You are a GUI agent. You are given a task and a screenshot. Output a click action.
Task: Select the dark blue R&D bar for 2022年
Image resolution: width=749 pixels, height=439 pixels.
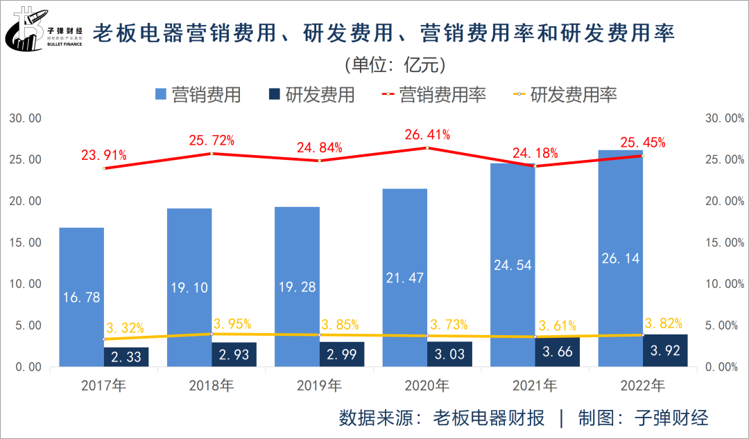point(665,350)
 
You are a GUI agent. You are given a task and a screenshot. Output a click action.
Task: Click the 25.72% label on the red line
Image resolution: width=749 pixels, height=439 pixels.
point(212,141)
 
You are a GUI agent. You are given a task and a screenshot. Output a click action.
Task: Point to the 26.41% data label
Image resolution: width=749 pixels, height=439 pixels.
point(427,134)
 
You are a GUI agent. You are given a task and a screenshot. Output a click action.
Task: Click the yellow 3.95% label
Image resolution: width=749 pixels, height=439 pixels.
point(232,324)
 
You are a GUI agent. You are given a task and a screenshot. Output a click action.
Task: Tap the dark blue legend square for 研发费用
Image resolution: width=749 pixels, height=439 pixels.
point(275,95)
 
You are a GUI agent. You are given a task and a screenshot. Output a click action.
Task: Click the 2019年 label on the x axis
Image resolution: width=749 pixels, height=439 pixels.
point(319,385)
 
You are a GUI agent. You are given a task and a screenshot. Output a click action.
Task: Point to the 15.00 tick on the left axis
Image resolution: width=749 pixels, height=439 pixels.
point(26,242)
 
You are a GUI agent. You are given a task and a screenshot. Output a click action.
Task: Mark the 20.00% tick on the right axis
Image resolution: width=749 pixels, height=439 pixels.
point(723,201)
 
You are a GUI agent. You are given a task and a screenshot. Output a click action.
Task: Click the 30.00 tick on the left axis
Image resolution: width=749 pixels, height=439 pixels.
point(26,118)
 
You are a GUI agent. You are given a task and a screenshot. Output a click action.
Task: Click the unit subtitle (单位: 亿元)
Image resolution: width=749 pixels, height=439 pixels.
point(394,65)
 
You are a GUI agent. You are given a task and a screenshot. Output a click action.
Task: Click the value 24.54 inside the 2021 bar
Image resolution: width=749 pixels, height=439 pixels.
point(513,265)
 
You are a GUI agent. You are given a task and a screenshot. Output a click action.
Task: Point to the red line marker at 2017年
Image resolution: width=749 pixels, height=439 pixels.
point(103,168)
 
